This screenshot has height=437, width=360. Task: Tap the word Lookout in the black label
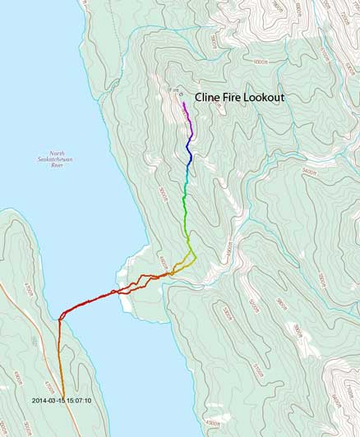pos(262,97)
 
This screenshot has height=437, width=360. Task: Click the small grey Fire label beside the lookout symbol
pos(173,90)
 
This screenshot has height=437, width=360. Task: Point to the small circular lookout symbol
pos(181,94)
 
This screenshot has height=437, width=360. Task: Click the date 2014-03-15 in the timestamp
pos(52,401)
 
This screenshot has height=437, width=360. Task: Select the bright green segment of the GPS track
pos(185,209)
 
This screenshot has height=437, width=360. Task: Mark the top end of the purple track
pos(183,103)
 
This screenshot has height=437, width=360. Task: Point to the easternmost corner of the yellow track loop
pos(196,257)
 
